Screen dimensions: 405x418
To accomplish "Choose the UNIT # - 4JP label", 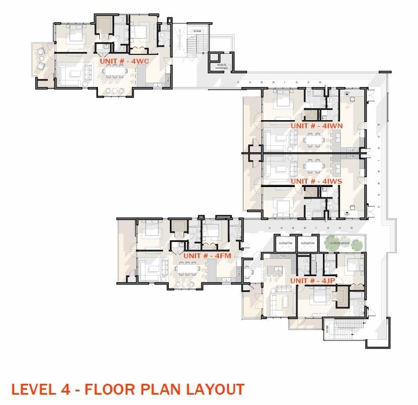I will click(x=312, y=281).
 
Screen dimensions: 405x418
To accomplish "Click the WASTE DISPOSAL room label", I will click(x=221, y=66).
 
